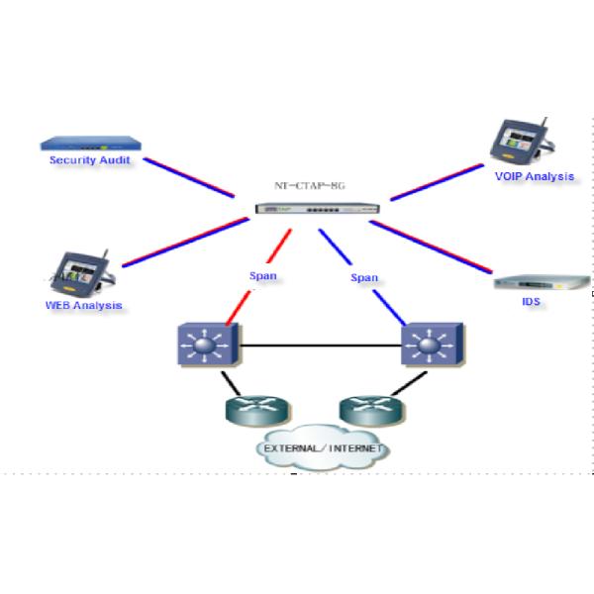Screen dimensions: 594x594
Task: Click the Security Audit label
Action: point(89,159)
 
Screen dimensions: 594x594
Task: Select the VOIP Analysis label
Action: point(535,176)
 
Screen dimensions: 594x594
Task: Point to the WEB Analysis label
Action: point(83,305)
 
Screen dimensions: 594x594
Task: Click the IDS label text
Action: point(532,301)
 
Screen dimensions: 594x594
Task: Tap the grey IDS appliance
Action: point(535,282)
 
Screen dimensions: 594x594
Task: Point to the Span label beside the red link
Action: point(262,276)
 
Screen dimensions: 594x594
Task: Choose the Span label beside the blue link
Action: point(364,278)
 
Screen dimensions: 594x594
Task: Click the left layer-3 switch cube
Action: point(206,346)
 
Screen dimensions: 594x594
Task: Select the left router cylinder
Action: point(253,410)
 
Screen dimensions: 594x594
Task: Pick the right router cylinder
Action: point(367,410)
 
